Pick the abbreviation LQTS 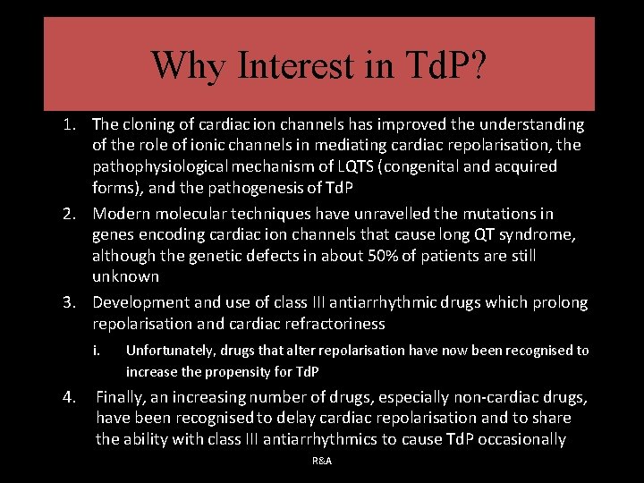pyautogui.click(x=352, y=166)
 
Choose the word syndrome pyautogui.click(x=523, y=234)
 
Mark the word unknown pyautogui.click(x=125, y=276)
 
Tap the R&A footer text pyautogui.click(x=322, y=461)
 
